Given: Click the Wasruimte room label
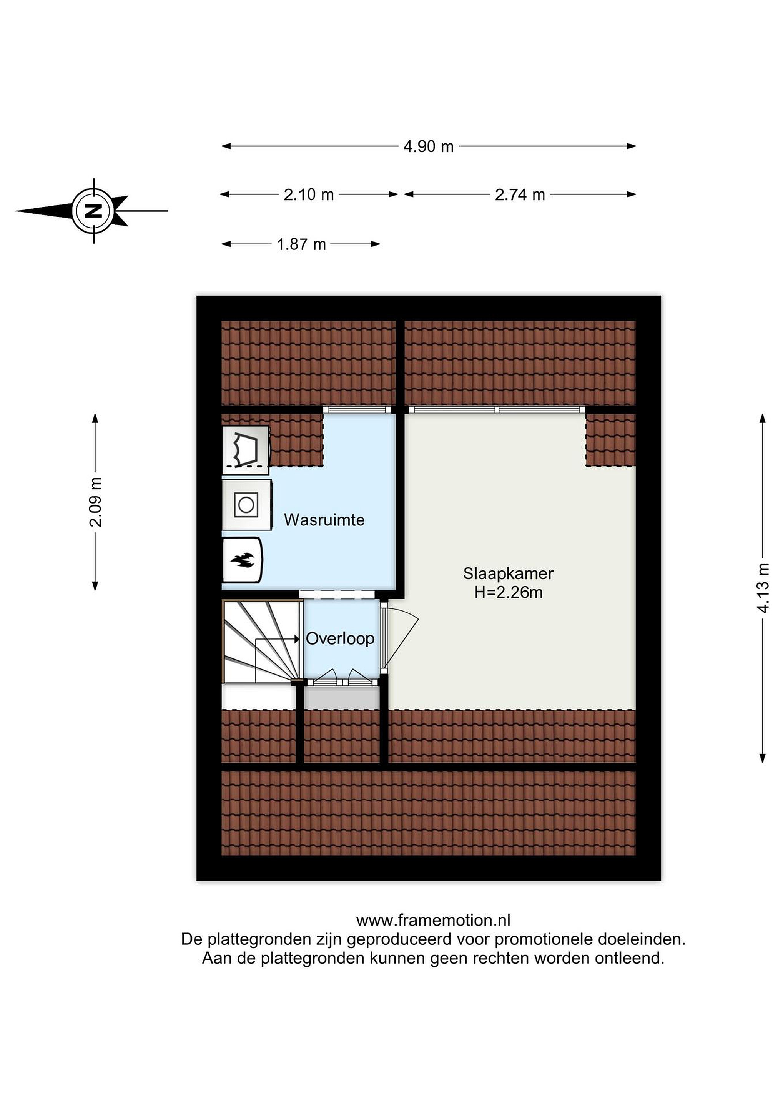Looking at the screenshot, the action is point(324,520).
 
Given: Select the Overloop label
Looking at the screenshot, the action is point(340,638).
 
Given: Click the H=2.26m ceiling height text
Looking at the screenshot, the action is point(508,592).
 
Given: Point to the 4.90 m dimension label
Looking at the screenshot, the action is point(429,146).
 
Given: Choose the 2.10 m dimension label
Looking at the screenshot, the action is point(309,194).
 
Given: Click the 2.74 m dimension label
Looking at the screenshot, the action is point(520,194).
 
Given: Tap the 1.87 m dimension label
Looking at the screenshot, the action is point(301,244).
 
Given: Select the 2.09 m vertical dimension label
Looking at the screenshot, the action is point(96,502).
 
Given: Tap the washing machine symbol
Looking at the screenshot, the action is point(246,505).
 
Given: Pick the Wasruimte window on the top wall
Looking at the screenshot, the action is point(357,409).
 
